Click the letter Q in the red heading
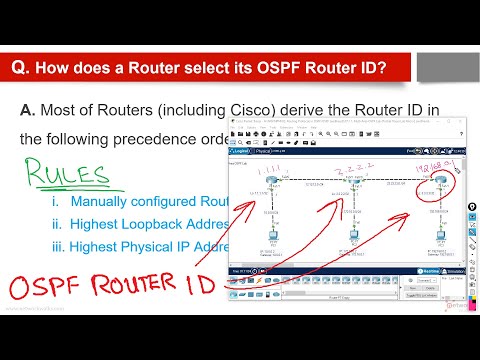click(x=18, y=67)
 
